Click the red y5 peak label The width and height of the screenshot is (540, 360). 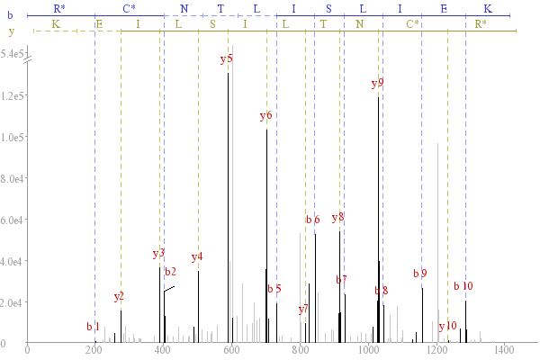227,58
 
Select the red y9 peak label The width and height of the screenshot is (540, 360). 377,83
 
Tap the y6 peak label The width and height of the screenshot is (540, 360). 265,116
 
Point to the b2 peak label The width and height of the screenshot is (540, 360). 170,272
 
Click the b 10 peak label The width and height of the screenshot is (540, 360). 463,285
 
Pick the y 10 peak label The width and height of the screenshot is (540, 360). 447,326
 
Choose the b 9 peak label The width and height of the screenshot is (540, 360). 420,274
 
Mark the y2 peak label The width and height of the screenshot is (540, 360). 119,297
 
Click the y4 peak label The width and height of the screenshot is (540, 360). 197,257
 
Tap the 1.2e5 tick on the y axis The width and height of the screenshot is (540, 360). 12,95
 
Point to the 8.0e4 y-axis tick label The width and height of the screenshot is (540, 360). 12,179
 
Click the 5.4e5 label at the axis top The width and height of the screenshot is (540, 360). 12,54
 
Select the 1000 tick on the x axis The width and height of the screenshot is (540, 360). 368,350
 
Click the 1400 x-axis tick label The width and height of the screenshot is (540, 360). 504,350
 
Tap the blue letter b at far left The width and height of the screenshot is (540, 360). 10,15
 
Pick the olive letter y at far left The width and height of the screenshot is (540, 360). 12,31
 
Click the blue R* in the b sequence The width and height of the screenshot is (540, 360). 59,8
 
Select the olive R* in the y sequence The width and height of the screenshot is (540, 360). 481,23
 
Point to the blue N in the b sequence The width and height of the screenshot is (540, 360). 184,9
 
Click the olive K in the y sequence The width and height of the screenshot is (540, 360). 56,24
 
